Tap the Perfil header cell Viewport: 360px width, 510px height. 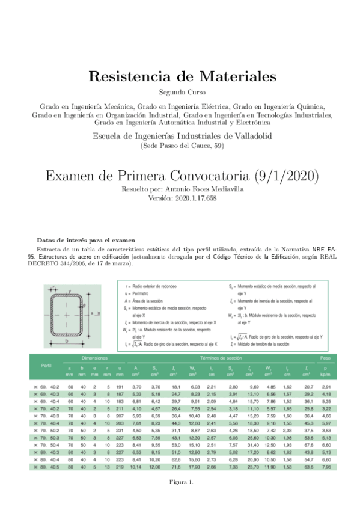(46, 366)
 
